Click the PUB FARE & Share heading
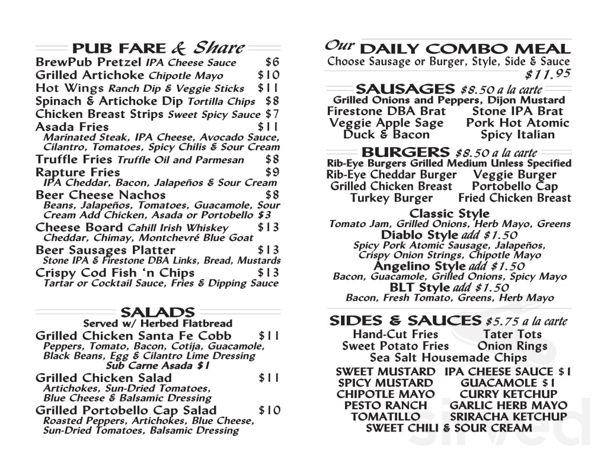(x=158, y=48)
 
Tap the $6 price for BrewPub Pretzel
(x=272, y=62)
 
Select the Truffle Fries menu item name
(x=74, y=160)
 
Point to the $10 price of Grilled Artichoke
(x=269, y=75)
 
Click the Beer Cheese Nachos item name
(x=101, y=195)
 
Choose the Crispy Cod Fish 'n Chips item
(x=115, y=273)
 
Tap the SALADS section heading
(x=157, y=312)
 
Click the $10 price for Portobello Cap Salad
(x=269, y=410)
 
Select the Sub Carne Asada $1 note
(x=157, y=366)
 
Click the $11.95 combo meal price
(x=548, y=74)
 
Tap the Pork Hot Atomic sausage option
(x=517, y=123)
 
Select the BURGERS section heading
(x=405, y=152)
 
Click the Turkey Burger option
(x=391, y=198)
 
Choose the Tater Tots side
(x=512, y=334)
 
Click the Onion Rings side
(x=512, y=346)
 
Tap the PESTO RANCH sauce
(x=385, y=406)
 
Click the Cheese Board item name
(x=78, y=228)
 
